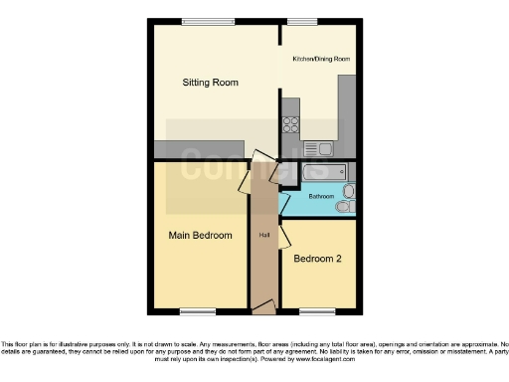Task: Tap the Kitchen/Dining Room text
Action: tap(321, 60)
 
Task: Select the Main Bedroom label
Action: tap(199, 236)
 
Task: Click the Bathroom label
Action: tap(320, 197)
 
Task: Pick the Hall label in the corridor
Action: tap(264, 236)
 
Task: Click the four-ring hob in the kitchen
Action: tap(292, 125)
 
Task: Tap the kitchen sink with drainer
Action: tap(319, 149)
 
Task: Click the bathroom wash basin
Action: tap(348, 190)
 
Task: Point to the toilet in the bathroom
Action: tap(344, 207)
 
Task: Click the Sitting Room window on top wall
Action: tap(202, 21)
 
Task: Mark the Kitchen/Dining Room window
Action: tap(302, 21)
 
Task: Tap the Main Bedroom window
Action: tap(198, 312)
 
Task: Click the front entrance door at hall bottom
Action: tap(264, 310)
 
